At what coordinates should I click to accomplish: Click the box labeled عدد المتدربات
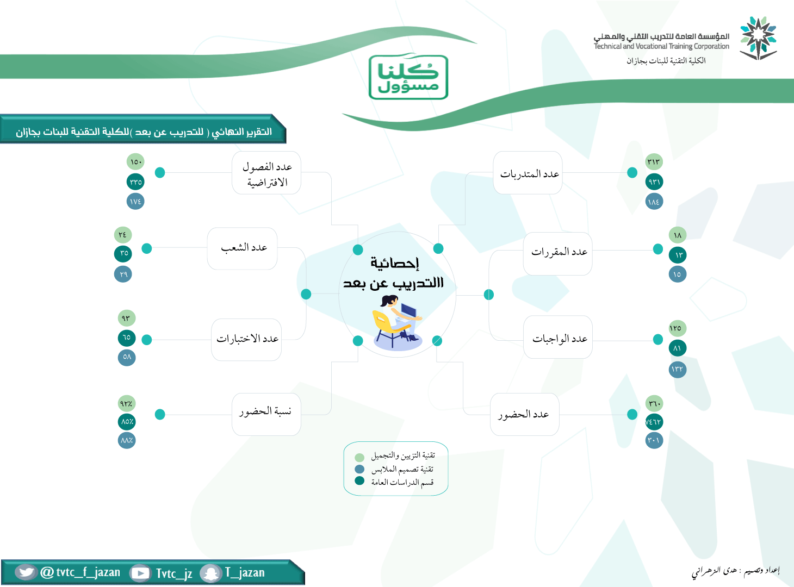tap(528, 173)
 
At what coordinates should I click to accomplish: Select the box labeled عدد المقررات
tap(557, 254)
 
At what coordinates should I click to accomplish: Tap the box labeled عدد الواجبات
tap(558, 337)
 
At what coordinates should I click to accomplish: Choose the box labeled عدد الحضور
tap(524, 415)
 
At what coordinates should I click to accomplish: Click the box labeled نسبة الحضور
tap(266, 415)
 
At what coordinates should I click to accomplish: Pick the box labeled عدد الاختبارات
tap(246, 340)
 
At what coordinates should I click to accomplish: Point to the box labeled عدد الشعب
tap(243, 248)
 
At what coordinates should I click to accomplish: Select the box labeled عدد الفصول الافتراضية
tap(266, 173)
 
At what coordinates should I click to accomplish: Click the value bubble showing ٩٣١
tap(654, 182)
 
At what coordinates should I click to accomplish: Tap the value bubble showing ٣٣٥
tap(135, 182)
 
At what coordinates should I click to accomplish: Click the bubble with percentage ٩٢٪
tap(127, 404)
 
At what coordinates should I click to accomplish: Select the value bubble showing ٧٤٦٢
tap(654, 422)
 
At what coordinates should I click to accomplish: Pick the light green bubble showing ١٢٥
tap(678, 328)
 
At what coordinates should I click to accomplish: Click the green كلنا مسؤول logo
tap(408, 77)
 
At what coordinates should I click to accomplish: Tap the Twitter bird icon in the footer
tap(26, 572)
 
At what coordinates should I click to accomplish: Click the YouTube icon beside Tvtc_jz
tap(140, 573)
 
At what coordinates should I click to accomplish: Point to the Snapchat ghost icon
tap(210, 573)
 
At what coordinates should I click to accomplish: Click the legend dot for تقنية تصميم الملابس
tap(359, 469)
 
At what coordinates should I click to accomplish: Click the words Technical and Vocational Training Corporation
tap(661, 46)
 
